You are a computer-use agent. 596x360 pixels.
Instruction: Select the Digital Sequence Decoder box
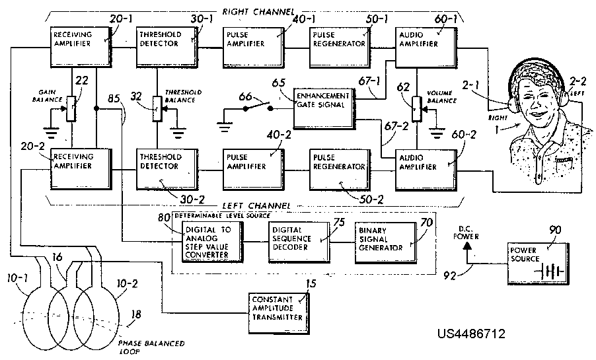pyautogui.click(x=298, y=242)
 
